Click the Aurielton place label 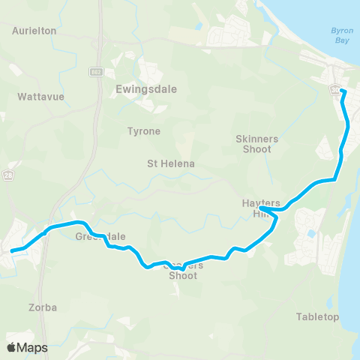[x=35, y=31]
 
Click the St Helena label [x=171, y=163]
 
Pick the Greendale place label [x=100, y=237]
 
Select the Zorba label [x=42, y=307]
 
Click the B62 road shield [x=95, y=72]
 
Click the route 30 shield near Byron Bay [x=333, y=89]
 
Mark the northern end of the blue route [x=342, y=91]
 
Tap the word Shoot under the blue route [x=183, y=276]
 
